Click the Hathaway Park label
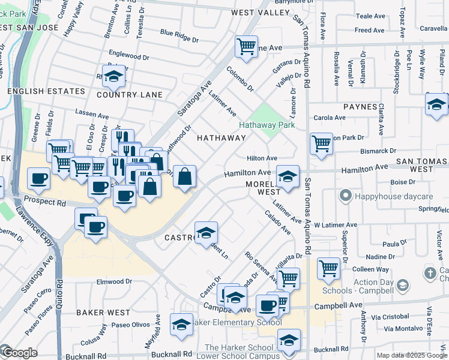(x=267, y=125)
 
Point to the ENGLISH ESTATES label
(x=46, y=91)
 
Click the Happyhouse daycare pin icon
(x=345, y=196)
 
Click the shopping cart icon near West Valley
(x=246, y=46)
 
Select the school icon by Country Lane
(x=113, y=76)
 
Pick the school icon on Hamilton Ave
(x=288, y=176)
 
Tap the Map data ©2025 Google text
(x=411, y=355)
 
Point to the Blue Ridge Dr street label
(x=179, y=35)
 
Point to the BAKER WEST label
(x=103, y=313)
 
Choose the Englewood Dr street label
(x=129, y=56)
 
